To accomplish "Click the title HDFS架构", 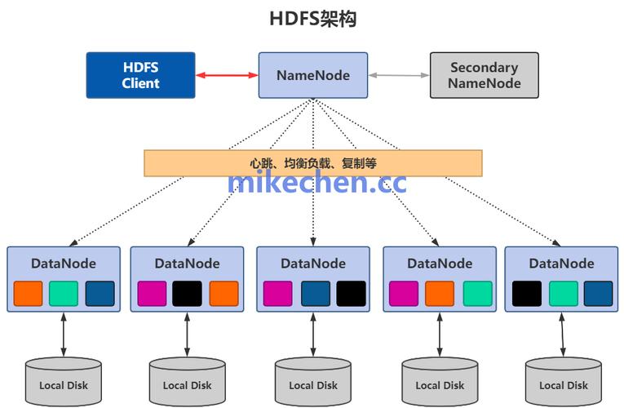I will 312,19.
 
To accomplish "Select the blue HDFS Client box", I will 141,75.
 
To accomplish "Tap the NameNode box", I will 313,75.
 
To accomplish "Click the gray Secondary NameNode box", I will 483,75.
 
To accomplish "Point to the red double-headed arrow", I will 227,75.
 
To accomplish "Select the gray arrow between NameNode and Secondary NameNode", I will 399,75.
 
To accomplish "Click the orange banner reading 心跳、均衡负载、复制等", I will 312,163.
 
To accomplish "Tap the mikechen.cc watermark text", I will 316,183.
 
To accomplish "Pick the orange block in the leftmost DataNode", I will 28,294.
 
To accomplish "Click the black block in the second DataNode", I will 187,294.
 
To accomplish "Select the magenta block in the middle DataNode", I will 277,294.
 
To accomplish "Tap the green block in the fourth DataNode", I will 478,294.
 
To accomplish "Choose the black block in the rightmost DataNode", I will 527,294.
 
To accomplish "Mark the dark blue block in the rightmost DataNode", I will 598,294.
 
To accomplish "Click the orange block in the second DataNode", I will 223,294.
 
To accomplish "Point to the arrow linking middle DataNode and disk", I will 314,335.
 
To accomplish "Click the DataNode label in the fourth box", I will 440,264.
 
